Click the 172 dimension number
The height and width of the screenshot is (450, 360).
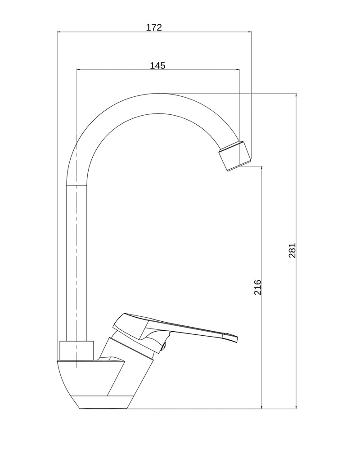point(154,27)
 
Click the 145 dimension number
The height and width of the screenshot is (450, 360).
point(157,66)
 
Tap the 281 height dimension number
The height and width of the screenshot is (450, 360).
point(292,251)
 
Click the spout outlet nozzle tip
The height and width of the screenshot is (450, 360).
point(235,156)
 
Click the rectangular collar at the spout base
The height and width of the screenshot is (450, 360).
point(76,351)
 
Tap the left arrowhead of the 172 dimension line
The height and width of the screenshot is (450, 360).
point(59,32)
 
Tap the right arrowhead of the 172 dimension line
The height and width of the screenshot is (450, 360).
point(249,32)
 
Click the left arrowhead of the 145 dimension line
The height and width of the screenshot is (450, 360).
point(79,69)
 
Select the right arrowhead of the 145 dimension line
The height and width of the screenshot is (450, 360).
point(237,69)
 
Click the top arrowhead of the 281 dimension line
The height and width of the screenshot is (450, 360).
point(296,95)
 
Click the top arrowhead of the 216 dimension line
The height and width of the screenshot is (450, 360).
point(261,168)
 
